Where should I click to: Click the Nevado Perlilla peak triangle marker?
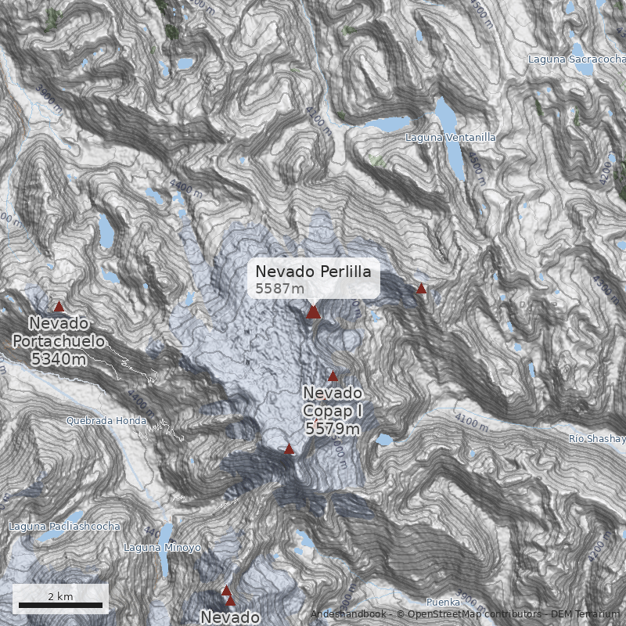[x=313, y=312]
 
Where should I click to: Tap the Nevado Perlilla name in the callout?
[x=313, y=272]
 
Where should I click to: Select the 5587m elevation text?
[x=279, y=289]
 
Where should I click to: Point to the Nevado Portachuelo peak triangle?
[x=59, y=307]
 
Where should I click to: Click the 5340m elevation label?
[x=59, y=359]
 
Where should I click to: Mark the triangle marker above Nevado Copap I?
[x=333, y=376]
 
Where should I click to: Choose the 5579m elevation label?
[x=333, y=429]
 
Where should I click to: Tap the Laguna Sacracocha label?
[x=577, y=59]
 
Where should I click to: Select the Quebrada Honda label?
[x=106, y=420]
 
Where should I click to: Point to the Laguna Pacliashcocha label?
[x=64, y=527]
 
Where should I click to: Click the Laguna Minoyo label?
[x=163, y=548]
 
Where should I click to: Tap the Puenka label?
[x=442, y=602]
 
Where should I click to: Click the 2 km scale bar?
[x=60, y=604]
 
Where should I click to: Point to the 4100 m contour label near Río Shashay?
[x=471, y=423]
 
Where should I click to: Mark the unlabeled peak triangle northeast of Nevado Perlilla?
[x=421, y=289]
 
